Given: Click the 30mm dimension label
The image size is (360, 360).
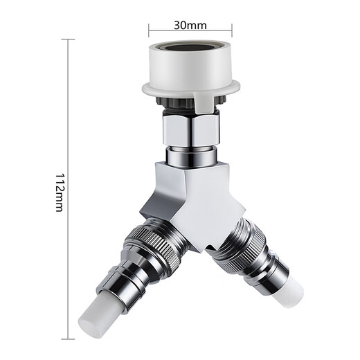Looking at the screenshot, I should (x=190, y=26).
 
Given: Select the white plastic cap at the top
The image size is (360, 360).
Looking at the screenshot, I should (x=190, y=66).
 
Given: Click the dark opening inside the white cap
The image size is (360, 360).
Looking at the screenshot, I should (x=190, y=51).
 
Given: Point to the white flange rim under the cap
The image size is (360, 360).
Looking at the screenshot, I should (x=190, y=88).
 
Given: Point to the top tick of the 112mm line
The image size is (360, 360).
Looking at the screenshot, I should (x=67, y=39).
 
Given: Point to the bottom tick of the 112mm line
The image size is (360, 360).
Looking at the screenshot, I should (x=67, y=339).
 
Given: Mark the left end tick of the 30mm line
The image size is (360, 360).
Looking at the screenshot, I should (x=150, y=28).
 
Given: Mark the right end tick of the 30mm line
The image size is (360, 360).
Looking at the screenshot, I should (x=232, y=28).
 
